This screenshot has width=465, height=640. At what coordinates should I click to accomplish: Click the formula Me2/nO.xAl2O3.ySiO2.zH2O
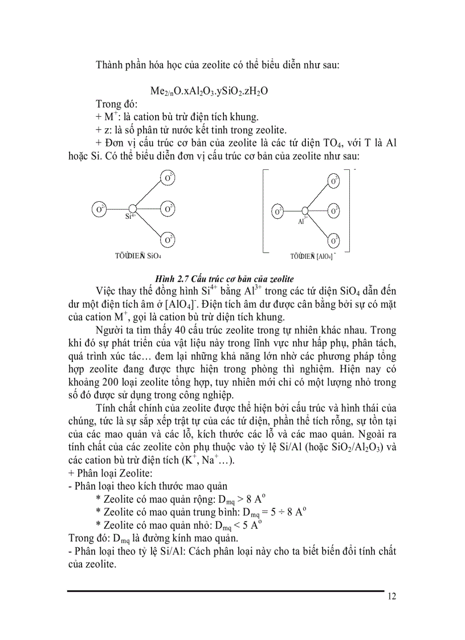[209, 91]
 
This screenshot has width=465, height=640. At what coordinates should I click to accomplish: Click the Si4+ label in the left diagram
[130, 217]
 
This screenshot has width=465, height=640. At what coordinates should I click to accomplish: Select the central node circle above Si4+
[132, 209]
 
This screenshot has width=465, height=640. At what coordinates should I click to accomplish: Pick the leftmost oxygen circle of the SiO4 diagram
[99, 209]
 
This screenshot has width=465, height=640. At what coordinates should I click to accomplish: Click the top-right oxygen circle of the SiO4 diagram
[168, 178]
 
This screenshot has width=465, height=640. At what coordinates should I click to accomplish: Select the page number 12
[391, 597]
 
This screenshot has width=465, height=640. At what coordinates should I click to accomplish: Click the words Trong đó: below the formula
[113, 104]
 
